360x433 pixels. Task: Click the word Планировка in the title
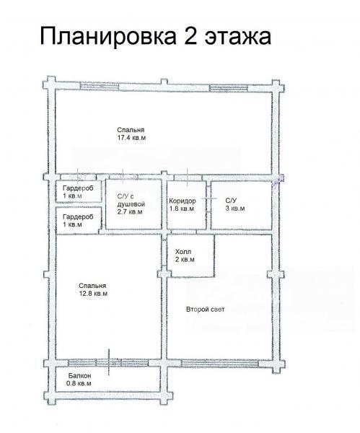click(108, 37)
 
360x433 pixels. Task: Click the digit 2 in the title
click(190, 35)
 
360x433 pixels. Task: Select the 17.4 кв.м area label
click(131, 138)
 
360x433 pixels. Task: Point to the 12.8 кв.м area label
click(93, 294)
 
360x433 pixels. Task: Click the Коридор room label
click(183, 201)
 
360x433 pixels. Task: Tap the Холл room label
click(183, 252)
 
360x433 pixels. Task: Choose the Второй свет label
click(206, 310)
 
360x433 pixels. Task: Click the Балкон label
click(79, 376)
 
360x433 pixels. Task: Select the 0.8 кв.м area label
click(79, 384)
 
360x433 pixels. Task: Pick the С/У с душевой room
click(133, 204)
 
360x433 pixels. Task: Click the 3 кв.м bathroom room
click(241, 205)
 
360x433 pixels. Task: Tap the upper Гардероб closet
click(79, 191)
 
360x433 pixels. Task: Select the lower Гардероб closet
click(79, 220)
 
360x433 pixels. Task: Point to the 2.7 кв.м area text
click(130, 211)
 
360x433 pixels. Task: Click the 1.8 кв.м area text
click(182, 209)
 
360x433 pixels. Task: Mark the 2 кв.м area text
click(185, 260)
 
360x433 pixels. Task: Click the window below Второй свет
click(220, 362)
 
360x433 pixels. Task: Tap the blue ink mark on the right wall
click(278, 181)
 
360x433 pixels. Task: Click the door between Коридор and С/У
click(209, 198)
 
